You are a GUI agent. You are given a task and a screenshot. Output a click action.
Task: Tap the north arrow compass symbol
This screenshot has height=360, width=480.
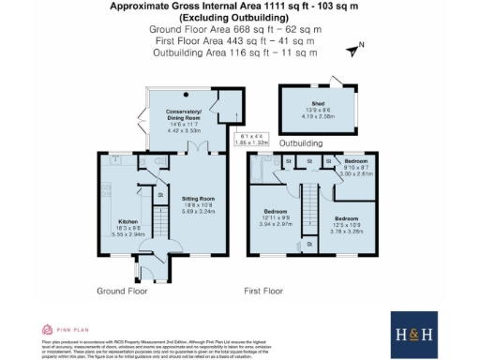click(352, 50)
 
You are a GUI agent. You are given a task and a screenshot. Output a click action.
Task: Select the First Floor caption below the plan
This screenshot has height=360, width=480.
click(289, 292)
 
